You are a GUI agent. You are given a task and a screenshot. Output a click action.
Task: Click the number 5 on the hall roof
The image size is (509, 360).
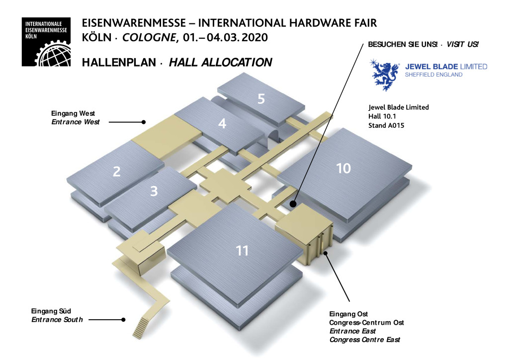pyautogui.click(x=261, y=98)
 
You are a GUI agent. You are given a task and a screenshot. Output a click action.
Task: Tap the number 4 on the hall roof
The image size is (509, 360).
pyautogui.click(x=222, y=123)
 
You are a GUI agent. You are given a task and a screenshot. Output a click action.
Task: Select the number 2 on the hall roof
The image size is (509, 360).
pyautogui.click(x=117, y=172)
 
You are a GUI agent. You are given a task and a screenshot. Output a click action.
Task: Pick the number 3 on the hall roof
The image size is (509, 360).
pyautogui.click(x=154, y=191)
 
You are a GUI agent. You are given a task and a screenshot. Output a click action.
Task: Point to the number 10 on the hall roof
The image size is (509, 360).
pyautogui.click(x=343, y=169)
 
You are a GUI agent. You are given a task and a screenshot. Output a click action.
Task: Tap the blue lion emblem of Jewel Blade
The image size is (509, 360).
pyautogui.click(x=386, y=73)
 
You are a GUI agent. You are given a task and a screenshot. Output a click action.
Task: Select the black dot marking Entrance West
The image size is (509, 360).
pyautogui.click(x=143, y=122)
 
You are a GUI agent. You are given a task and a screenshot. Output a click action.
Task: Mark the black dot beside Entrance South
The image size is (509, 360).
pyautogui.click(x=123, y=320)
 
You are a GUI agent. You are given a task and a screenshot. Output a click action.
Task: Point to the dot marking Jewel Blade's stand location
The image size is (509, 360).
pyautogui.click(x=293, y=204)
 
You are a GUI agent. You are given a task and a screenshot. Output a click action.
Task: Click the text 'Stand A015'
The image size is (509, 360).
pyautogui.click(x=386, y=125)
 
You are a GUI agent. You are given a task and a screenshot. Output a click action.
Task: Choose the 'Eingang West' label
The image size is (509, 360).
pyautogui.click(x=73, y=114)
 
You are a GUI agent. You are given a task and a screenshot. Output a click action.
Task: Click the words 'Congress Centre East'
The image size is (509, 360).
pyautogui.click(x=364, y=340)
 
